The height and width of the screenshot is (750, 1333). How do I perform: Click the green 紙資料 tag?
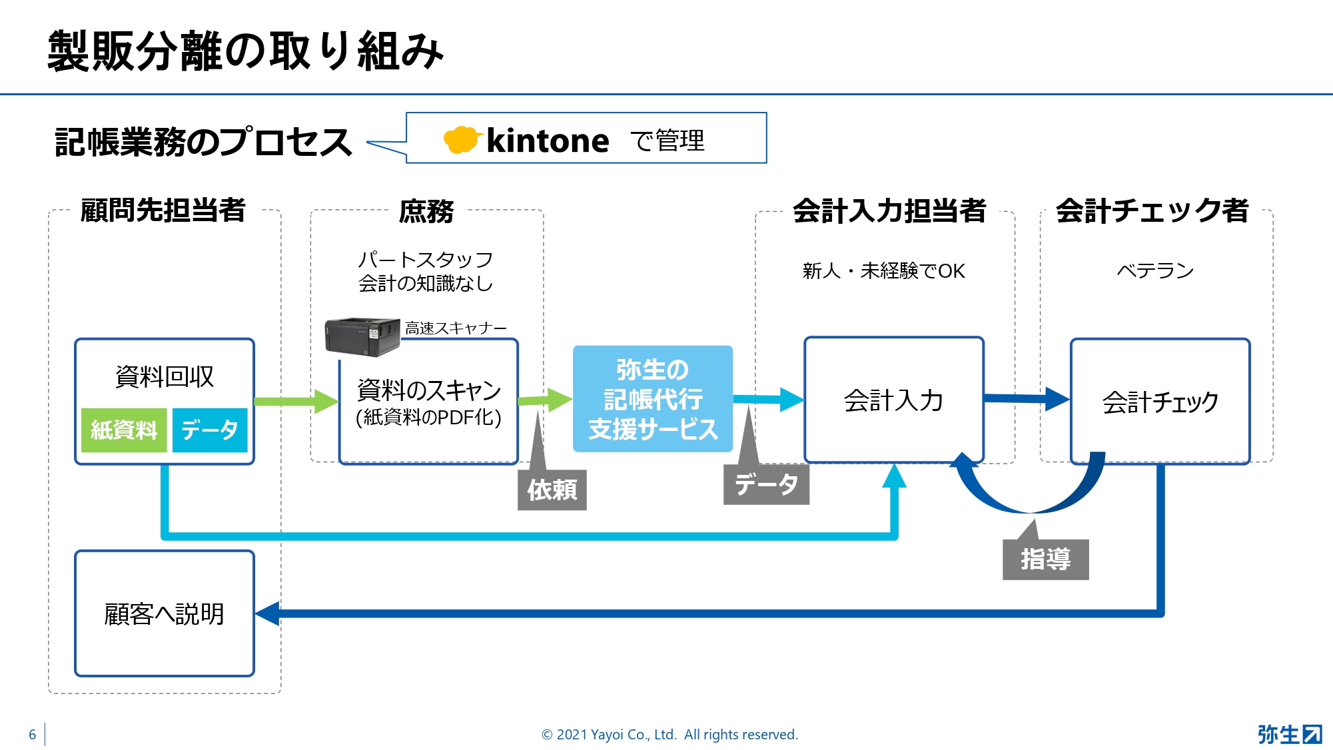coord(124,430)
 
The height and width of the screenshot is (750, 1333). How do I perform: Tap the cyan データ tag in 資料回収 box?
coord(210,430)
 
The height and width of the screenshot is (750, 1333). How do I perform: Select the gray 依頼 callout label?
coord(552,490)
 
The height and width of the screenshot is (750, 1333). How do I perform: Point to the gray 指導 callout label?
coord(1045,560)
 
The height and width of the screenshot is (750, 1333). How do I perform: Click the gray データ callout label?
coord(766,484)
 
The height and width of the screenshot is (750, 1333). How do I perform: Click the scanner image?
coord(362,337)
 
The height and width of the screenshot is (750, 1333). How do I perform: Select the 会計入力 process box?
coord(894,400)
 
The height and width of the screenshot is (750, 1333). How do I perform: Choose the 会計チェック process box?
coord(1160,401)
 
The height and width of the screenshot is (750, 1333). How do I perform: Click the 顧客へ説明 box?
coord(165,613)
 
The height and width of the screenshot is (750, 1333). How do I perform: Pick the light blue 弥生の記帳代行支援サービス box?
coord(653,399)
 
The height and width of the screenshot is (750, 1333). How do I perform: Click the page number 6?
coord(32,735)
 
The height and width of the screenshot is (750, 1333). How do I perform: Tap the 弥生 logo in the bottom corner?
coord(1290,734)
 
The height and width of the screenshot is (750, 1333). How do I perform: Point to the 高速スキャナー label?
coord(456,328)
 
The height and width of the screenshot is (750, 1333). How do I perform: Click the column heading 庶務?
coord(426,211)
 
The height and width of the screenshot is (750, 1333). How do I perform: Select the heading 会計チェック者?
coord(1152,210)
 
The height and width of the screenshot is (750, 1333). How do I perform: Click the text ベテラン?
coord(1155,270)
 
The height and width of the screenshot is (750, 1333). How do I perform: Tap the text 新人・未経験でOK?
coord(884,271)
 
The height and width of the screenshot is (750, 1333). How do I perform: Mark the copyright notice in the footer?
coord(669,735)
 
